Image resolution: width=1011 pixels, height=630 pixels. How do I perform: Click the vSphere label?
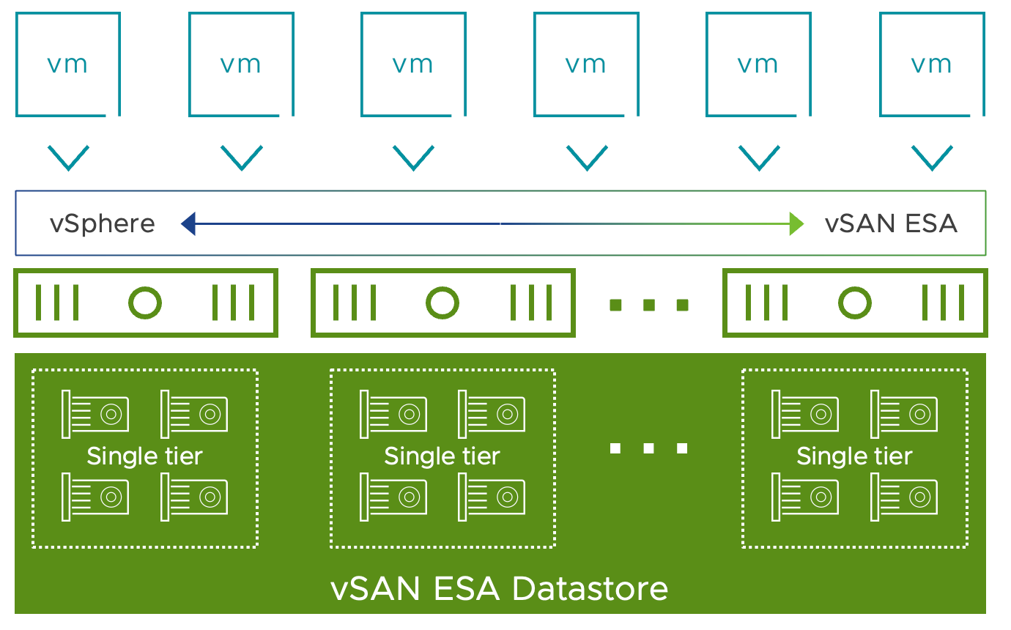pos(103,224)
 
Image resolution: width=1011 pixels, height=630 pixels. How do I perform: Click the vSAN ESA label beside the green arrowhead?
pos(891,223)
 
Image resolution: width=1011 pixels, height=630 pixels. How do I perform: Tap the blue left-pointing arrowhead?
pos(188,223)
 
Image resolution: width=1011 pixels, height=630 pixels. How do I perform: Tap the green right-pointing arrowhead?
pos(796,223)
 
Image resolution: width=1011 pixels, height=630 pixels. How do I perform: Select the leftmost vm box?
pos(17,64)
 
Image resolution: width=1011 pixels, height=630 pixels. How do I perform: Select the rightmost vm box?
pos(881,64)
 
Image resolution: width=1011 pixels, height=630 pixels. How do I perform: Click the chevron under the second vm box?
pos(242,158)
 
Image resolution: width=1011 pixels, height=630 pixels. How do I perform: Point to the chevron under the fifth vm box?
pos(759,158)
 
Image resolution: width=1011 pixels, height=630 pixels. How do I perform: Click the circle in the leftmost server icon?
pos(145,287)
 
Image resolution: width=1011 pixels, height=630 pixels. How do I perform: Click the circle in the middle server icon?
pos(442,287)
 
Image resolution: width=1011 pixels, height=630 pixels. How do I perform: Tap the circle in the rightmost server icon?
pos(855,287)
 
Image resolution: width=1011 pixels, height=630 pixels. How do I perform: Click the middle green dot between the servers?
pos(649,305)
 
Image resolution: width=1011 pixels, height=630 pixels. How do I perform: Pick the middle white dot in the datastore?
pos(648,448)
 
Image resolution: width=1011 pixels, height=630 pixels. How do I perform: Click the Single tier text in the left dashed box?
pos(144,456)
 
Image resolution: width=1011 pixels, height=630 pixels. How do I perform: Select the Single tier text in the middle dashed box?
pos(442,456)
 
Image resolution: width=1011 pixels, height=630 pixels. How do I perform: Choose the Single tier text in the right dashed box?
pos(854,456)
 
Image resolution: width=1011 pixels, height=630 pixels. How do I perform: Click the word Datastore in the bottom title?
pos(590,589)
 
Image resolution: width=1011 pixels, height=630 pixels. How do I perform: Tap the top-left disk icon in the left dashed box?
pos(95,415)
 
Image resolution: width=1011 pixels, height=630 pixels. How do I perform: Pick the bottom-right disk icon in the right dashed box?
pos(904,497)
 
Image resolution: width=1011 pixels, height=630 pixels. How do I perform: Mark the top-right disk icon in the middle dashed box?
pos(492,415)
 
